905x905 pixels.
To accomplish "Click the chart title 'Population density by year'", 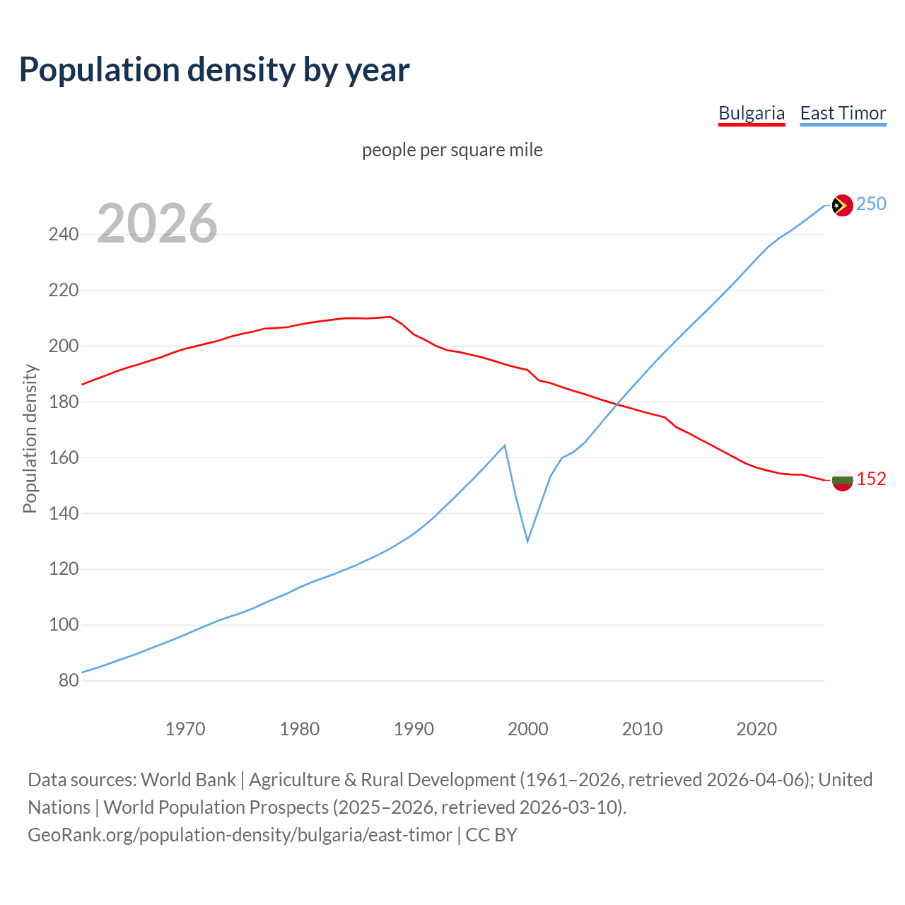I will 214,70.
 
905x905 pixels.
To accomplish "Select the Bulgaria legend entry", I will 751,113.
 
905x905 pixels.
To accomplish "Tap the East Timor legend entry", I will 843,113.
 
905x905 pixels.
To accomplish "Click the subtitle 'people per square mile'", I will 452,150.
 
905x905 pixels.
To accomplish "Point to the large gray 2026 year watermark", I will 157,223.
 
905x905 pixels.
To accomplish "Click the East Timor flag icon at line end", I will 841,205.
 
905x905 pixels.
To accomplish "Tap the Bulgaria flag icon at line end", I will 842,480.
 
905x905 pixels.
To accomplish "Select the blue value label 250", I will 871,204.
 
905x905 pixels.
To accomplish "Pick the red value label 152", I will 871,479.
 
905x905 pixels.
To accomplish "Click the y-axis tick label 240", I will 64,234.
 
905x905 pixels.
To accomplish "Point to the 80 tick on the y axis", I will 69,681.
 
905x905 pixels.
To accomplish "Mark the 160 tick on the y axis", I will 64,457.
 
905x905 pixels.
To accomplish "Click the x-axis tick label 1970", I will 185,729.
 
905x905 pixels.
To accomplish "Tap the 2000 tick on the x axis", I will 528,729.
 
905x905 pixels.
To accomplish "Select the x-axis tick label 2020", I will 757,729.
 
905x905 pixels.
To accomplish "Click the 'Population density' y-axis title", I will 30,438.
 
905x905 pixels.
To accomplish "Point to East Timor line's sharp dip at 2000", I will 527,541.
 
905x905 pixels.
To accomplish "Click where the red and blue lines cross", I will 617,405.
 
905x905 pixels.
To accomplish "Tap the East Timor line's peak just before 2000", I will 504,445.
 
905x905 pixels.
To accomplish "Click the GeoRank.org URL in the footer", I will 239,835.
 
